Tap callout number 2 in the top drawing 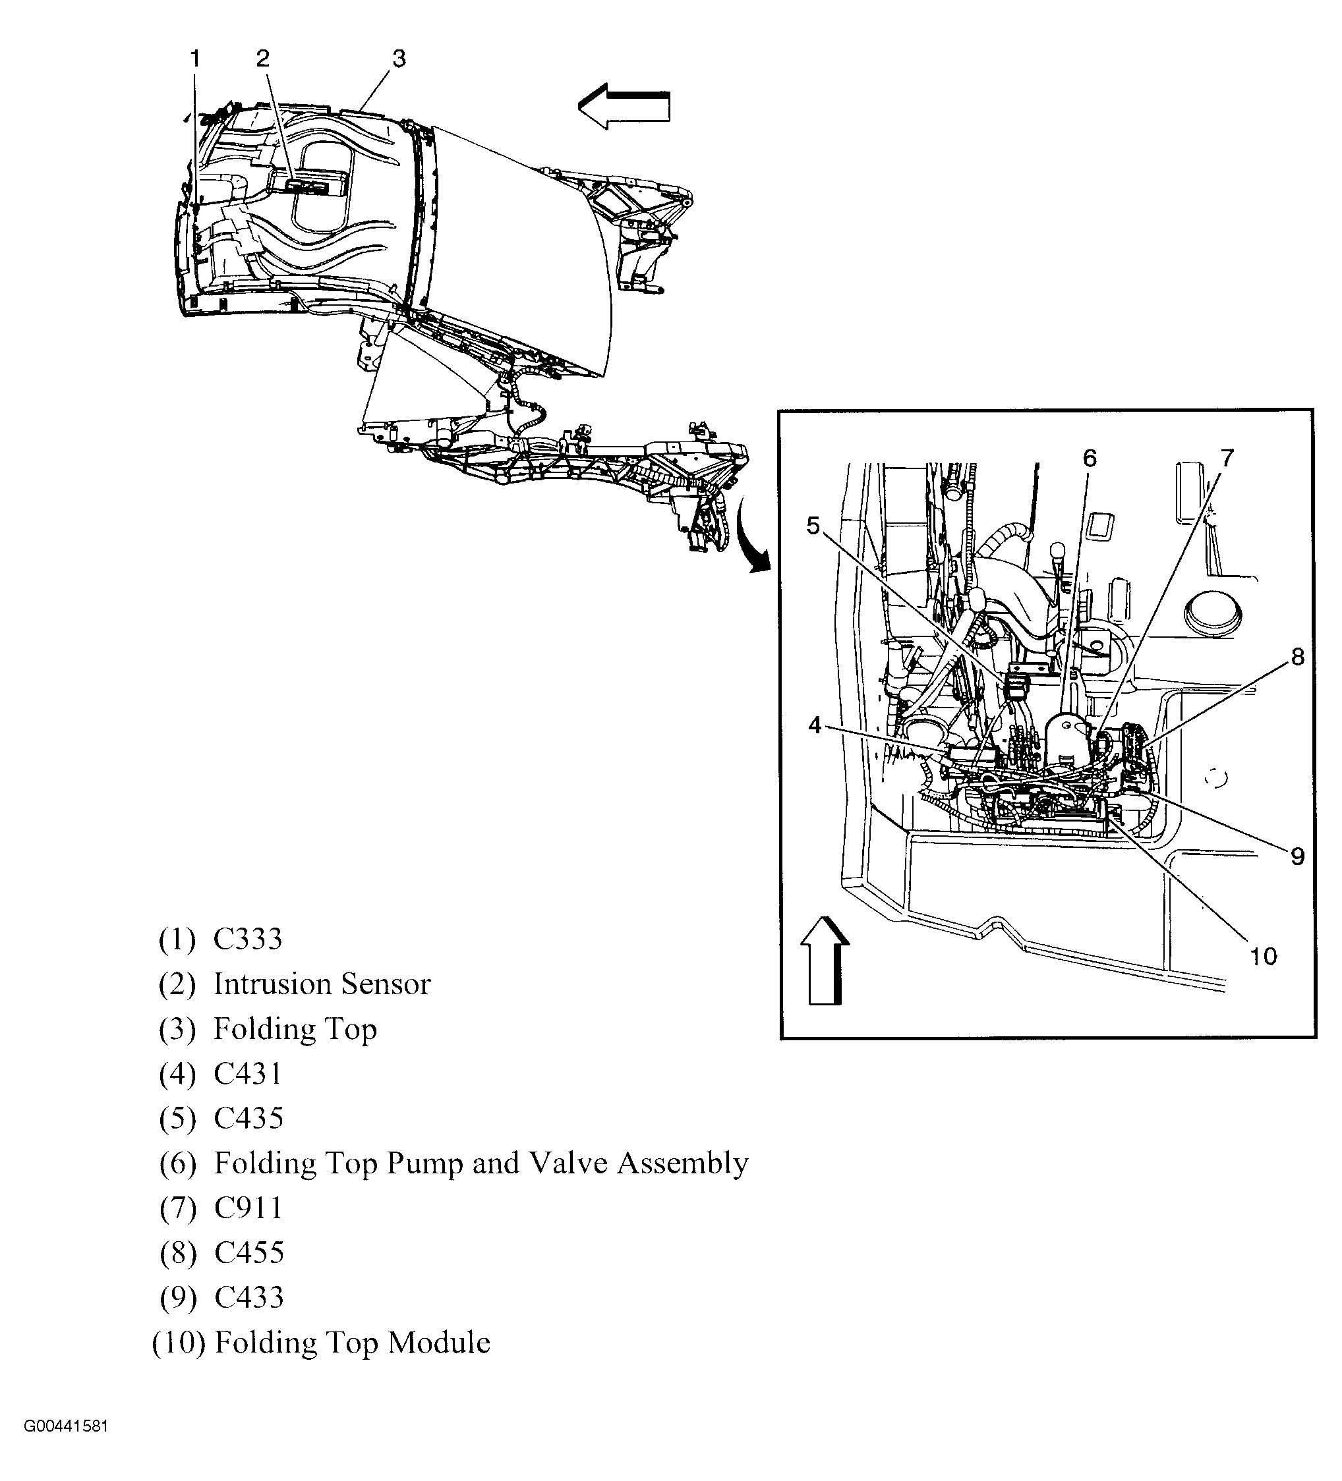tap(262, 58)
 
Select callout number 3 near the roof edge tap(398, 58)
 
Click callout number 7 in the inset tap(1227, 459)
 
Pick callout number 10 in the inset tap(1263, 957)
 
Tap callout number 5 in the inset tap(813, 525)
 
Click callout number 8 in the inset tap(1297, 657)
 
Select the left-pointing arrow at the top tap(624, 107)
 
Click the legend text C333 tap(248, 939)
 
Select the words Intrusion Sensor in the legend tap(322, 984)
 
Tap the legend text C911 tap(248, 1208)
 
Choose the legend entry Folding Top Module tap(352, 1342)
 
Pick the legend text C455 tap(248, 1252)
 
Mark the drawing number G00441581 tap(66, 1447)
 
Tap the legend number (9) tap(178, 1298)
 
